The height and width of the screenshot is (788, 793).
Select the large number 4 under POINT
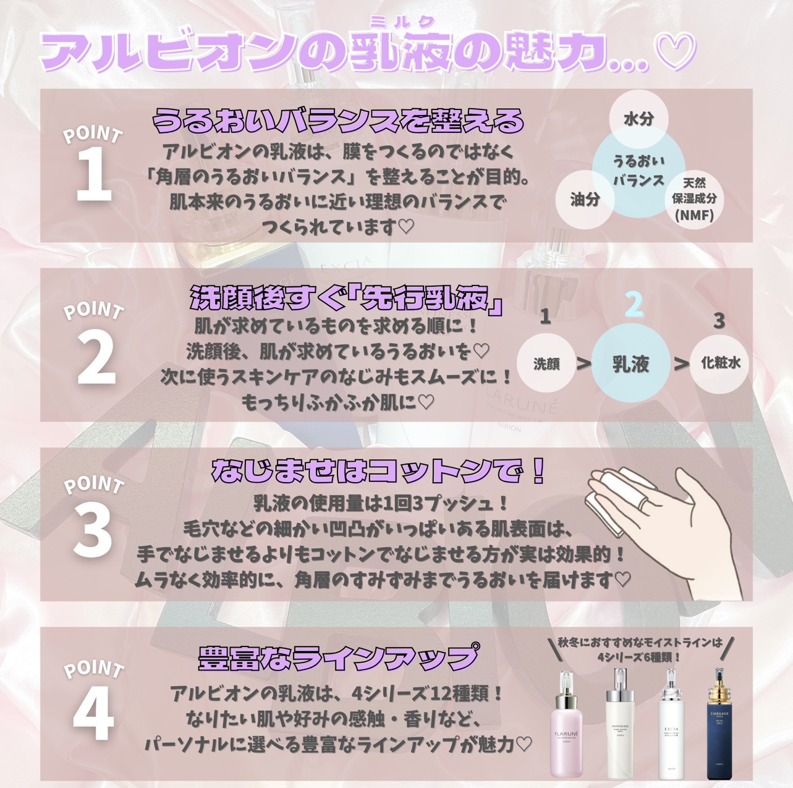(x=93, y=710)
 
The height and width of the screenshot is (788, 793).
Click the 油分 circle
(x=585, y=200)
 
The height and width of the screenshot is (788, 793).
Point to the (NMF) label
(x=694, y=215)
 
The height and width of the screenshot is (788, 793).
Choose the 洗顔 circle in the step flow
(x=546, y=363)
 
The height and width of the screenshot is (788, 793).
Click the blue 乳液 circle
(x=630, y=363)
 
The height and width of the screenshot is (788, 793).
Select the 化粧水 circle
(x=720, y=363)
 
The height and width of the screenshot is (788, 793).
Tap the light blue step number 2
(x=634, y=305)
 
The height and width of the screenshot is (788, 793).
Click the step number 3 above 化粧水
(x=719, y=321)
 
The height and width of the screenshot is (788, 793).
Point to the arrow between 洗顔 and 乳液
(x=583, y=363)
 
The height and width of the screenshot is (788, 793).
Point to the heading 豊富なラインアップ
(x=338, y=658)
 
